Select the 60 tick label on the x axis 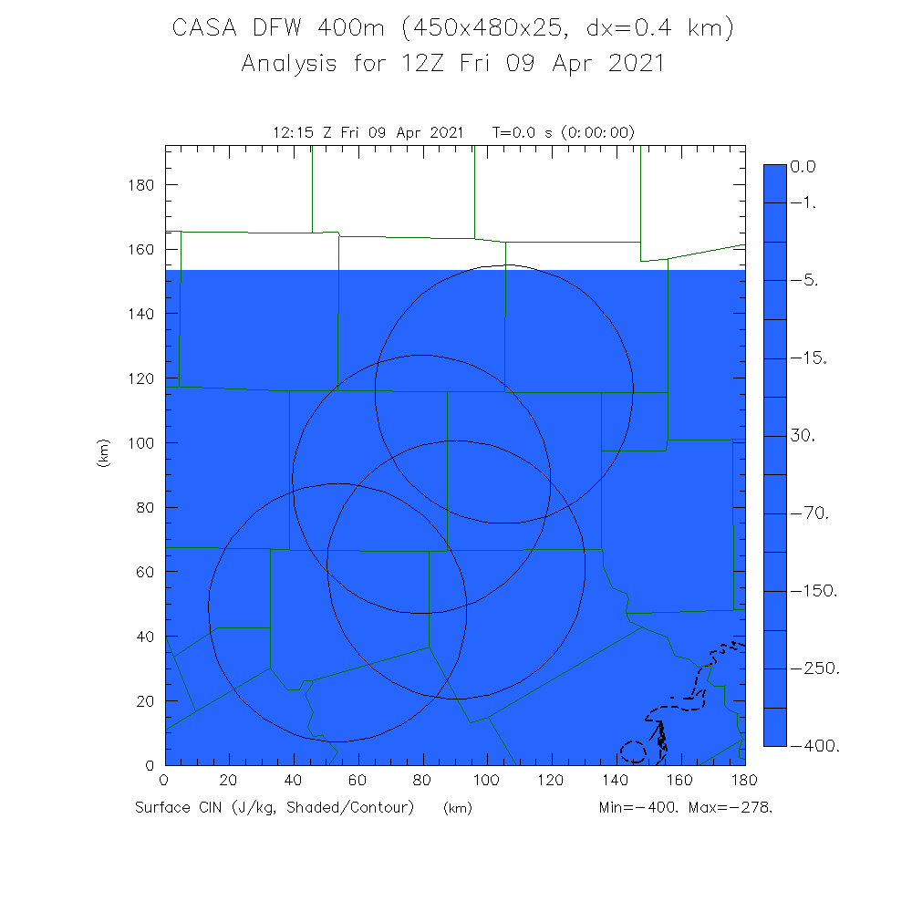tap(358, 781)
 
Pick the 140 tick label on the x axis tap(616, 781)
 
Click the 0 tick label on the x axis tap(164, 781)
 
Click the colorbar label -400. tap(819, 747)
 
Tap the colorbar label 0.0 tap(804, 167)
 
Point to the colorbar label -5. tap(808, 281)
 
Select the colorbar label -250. tap(819, 669)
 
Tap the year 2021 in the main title tap(633, 65)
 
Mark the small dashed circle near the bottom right tap(633, 752)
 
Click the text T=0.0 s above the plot tap(523, 133)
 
